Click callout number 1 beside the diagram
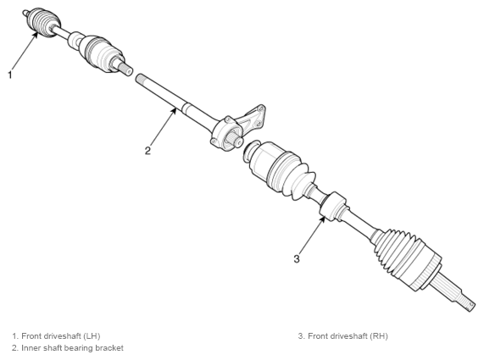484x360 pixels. tap(10, 75)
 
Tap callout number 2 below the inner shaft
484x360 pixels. tap(147, 151)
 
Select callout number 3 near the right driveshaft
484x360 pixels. tap(297, 258)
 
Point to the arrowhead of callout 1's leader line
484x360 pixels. tap(36, 34)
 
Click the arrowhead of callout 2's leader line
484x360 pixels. tap(175, 110)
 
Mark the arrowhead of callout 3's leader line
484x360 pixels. tap(323, 219)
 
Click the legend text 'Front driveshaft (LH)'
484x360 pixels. tap(61, 335)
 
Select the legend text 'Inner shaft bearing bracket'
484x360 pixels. tap(72, 348)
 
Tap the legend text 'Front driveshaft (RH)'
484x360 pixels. tap(348, 335)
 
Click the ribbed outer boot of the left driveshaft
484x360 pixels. tap(43, 22)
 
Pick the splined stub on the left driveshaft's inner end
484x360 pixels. tap(125, 69)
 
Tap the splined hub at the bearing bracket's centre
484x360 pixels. tap(235, 140)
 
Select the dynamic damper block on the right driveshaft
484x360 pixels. tap(333, 206)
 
